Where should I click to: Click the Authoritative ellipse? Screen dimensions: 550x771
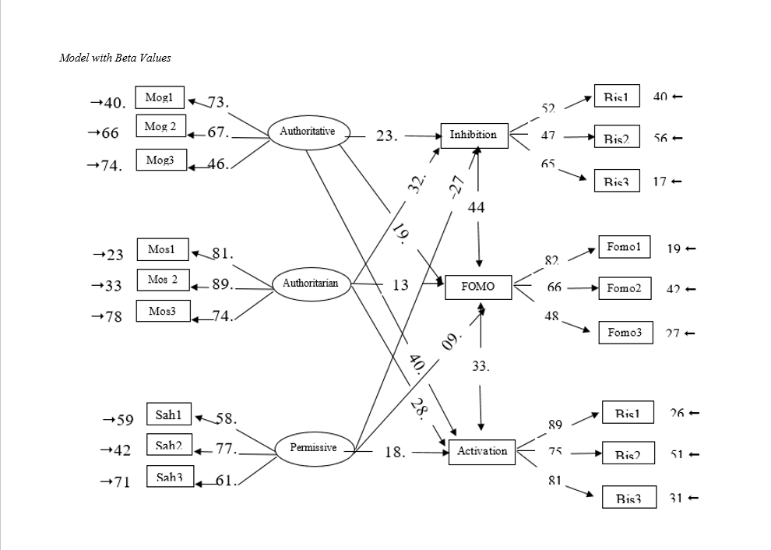pyautogui.click(x=308, y=132)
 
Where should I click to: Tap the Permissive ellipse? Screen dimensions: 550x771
pyautogui.click(x=313, y=448)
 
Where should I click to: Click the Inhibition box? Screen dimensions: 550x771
pyautogui.click(x=473, y=135)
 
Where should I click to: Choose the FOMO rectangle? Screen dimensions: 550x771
pyautogui.click(x=477, y=287)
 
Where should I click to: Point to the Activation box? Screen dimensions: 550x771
pyautogui.click(x=482, y=452)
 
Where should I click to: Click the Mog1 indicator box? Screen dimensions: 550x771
pyautogui.click(x=160, y=98)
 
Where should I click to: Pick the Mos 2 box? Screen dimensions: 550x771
pyautogui.click(x=163, y=280)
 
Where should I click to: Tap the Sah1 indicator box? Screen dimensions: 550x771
pyautogui.click(x=168, y=415)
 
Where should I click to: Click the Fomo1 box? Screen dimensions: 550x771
pyautogui.click(x=623, y=247)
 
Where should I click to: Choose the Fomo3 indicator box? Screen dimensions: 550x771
pyautogui.click(x=625, y=333)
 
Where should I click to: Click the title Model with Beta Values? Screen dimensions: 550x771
pyautogui.click(x=115, y=58)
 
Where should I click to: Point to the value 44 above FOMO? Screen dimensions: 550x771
pyautogui.click(x=477, y=207)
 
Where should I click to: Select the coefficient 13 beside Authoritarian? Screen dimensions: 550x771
pyautogui.click(x=400, y=285)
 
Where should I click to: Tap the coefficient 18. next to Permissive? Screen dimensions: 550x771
pyautogui.click(x=395, y=452)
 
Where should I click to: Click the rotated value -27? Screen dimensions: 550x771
pyautogui.click(x=458, y=185)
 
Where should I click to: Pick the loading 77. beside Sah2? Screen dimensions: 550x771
pyautogui.click(x=226, y=448)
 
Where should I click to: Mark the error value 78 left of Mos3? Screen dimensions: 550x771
pyautogui.click(x=113, y=317)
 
